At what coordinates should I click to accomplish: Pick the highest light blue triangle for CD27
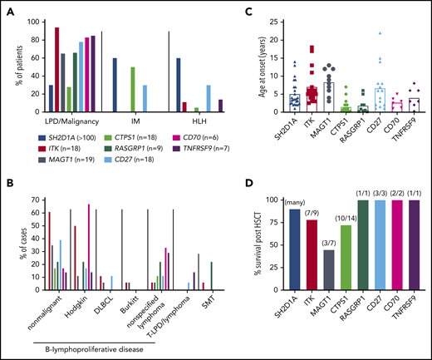(356, 33)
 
